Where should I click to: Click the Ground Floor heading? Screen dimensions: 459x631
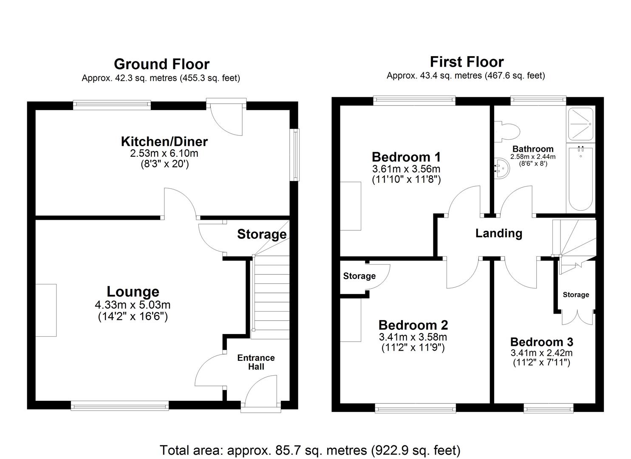(161, 64)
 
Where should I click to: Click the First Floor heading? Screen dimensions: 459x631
(467, 62)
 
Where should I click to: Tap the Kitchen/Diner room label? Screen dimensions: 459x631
(164, 141)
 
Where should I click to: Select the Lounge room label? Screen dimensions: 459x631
(133, 292)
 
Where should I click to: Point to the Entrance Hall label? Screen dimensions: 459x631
(256, 362)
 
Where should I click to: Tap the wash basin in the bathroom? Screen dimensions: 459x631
(502, 169)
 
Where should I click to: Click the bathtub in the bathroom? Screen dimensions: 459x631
(580, 178)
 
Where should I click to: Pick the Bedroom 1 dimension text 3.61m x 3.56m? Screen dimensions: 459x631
(406, 169)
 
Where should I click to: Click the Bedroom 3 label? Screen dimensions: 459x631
(541, 342)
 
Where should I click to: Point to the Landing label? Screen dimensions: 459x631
(498, 233)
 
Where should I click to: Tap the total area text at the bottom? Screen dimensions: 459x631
(310, 450)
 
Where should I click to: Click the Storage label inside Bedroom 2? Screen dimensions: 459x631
(359, 276)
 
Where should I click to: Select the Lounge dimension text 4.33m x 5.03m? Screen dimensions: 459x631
(133, 305)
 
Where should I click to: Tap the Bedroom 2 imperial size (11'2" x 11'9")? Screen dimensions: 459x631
(413, 348)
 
